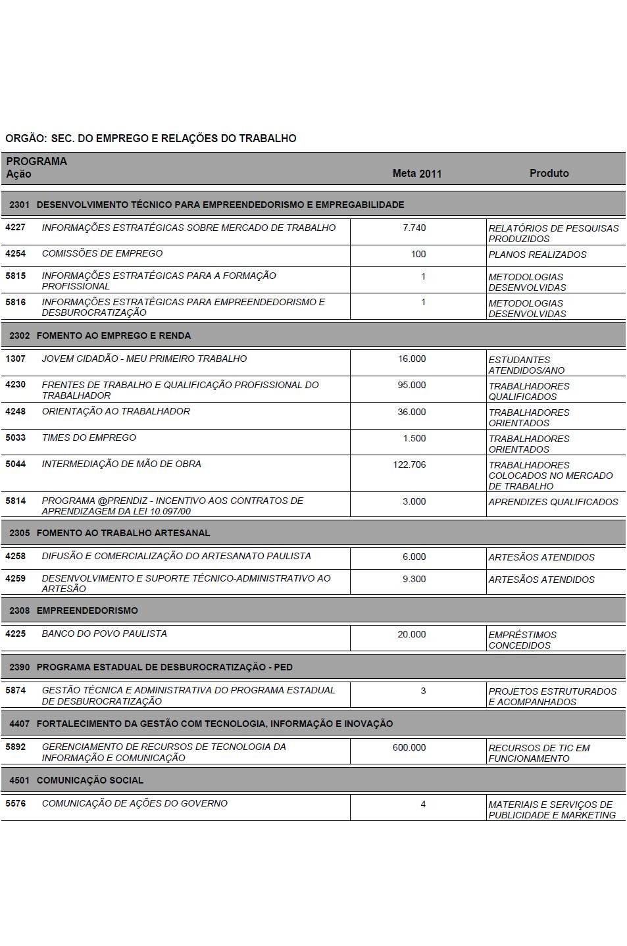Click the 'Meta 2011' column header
tap(416, 174)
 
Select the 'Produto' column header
tap(549, 173)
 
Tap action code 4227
tap(15, 228)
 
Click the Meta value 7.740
tap(414, 228)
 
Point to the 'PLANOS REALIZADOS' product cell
tap(537, 255)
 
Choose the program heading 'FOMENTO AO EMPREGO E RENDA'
tap(113, 336)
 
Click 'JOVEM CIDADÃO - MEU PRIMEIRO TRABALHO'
tap(144, 359)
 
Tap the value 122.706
tap(409, 464)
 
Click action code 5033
tap(15, 437)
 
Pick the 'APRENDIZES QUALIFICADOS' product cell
tap(553, 502)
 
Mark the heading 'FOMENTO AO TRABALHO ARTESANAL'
tap(123, 533)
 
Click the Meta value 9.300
tap(414, 580)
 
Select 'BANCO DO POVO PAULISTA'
tap(104, 634)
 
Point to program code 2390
tap(20, 667)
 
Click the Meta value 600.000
tap(409, 748)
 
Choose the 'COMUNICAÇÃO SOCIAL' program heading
tap(89, 780)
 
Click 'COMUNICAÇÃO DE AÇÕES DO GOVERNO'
tap(134, 803)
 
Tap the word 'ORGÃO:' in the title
tap(25, 139)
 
